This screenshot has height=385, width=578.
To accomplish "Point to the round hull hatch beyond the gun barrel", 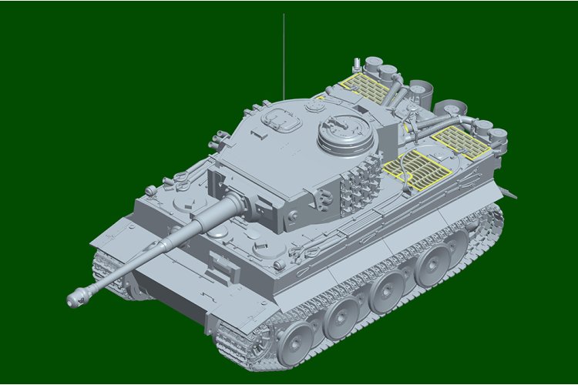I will point(187,202).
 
